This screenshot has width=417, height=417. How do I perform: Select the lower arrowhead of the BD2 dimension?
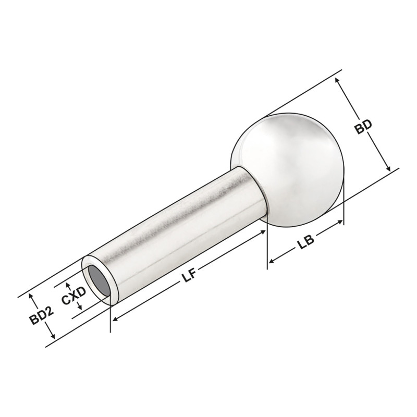pyautogui.click(x=53, y=338)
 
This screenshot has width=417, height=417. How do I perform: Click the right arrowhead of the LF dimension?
pyautogui.click(x=264, y=232)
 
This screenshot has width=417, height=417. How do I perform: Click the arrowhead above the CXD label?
pyautogui.click(x=68, y=285)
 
